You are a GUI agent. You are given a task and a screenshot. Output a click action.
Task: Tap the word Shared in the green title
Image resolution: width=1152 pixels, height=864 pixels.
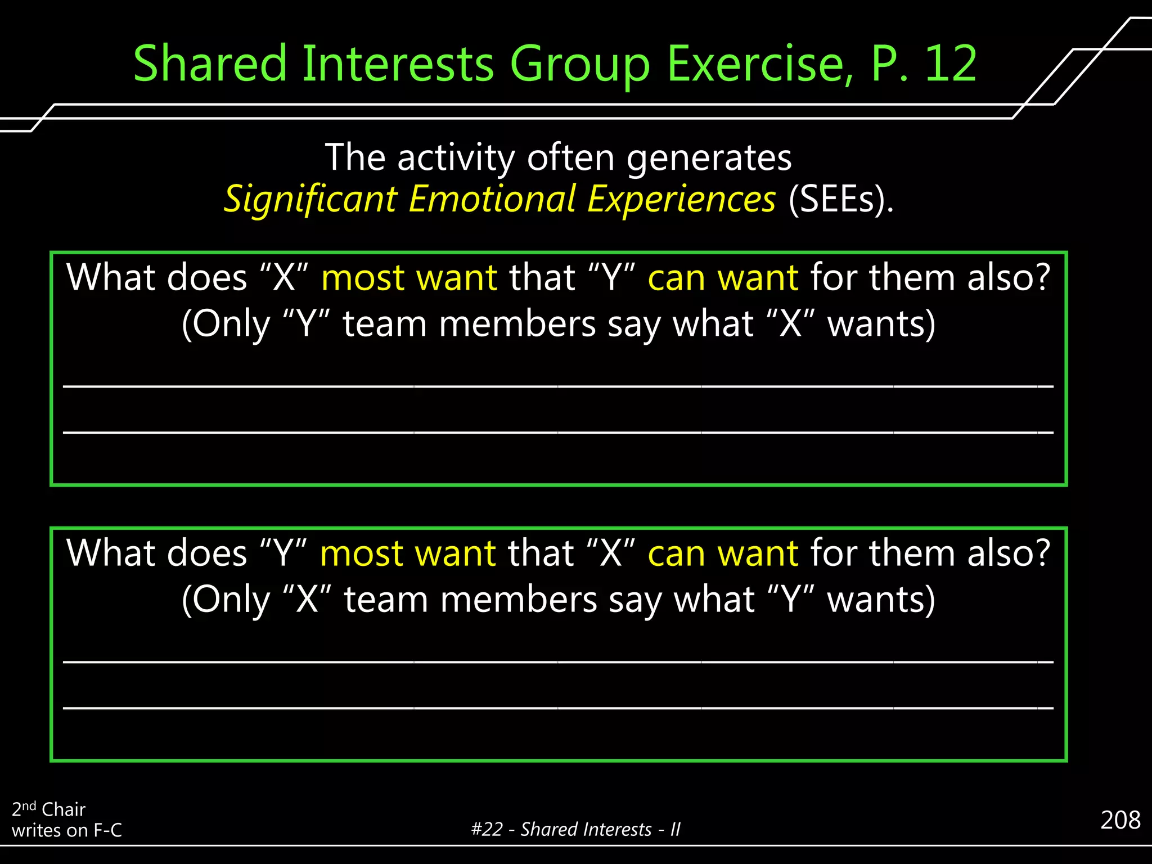[210, 64]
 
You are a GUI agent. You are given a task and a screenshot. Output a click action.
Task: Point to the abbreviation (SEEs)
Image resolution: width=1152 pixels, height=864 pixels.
[841, 199]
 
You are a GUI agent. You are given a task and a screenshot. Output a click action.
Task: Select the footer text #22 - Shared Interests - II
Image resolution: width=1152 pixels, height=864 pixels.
[575, 829]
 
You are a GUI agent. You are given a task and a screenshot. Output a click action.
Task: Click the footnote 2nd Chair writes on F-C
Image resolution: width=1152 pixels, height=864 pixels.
[66, 820]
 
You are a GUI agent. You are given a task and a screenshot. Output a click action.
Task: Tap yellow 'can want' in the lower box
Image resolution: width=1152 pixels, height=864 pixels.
[723, 553]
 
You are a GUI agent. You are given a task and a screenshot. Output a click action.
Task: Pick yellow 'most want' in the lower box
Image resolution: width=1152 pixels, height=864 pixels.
[408, 553]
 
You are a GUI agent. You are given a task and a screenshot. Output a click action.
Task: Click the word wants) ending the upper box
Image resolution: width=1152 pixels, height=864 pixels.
[881, 324]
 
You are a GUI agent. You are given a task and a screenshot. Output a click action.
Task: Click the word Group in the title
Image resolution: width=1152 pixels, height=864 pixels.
[580, 64]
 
